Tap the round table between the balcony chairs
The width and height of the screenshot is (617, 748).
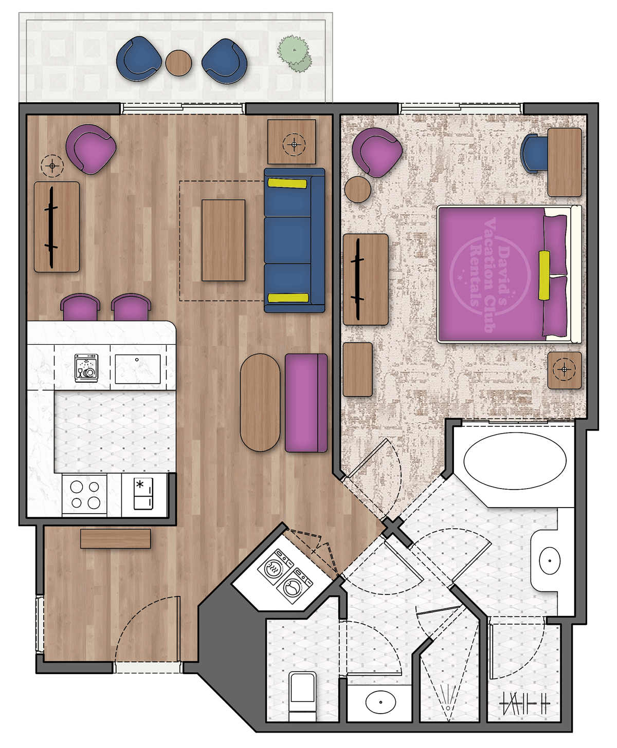(x=178, y=63)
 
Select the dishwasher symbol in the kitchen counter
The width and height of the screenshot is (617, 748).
(x=86, y=367)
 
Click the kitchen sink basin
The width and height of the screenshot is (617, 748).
(x=137, y=369)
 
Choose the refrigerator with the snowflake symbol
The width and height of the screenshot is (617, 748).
(x=143, y=494)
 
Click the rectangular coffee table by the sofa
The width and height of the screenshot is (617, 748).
(x=223, y=240)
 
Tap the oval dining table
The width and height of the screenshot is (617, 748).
(x=260, y=403)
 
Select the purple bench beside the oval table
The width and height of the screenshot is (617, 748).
(x=306, y=403)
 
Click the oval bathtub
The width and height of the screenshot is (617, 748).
(x=515, y=460)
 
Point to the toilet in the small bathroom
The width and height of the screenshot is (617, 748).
(x=302, y=696)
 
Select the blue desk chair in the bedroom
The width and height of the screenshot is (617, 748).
(x=534, y=153)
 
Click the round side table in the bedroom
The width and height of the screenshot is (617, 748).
(x=358, y=189)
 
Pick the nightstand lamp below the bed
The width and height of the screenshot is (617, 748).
(x=565, y=369)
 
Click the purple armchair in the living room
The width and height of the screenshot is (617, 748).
(x=90, y=149)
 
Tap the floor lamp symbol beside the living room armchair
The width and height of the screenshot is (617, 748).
(x=52, y=166)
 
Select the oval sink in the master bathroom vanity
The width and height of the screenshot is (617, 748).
(x=550, y=560)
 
